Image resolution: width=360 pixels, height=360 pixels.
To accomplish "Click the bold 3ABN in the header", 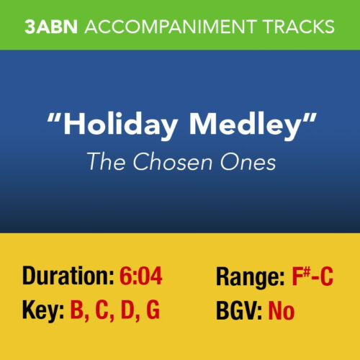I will click(50, 27).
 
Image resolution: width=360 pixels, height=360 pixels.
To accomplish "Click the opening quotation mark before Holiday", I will click(53, 119).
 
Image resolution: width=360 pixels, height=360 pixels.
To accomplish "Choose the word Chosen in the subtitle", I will click(166, 162).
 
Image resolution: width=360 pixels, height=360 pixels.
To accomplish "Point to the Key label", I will click(41, 312).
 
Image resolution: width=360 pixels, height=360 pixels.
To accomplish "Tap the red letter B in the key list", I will click(77, 312).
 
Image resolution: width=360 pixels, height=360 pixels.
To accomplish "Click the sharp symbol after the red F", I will click(302, 271).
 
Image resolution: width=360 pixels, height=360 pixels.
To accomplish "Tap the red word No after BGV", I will click(281, 312).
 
